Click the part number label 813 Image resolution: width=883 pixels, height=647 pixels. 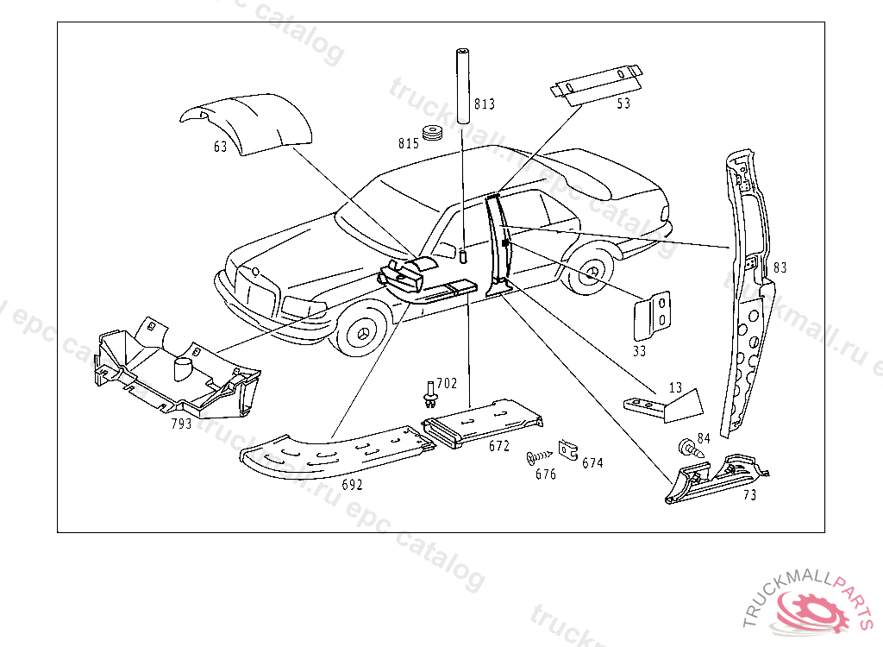(485, 105)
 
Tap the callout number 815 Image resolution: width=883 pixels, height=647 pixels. (409, 143)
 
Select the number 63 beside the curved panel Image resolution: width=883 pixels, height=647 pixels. (221, 148)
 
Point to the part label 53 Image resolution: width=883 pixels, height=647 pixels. (623, 104)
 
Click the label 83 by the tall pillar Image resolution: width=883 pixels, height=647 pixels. (780, 268)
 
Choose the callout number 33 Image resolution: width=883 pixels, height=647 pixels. (639, 351)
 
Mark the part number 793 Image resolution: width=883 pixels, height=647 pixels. (181, 424)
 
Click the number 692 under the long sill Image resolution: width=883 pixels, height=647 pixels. (352, 485)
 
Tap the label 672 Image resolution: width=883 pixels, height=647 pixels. (499, 447)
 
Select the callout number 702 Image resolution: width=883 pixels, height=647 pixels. (447, 383)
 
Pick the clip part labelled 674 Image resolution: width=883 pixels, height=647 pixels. (567, 449)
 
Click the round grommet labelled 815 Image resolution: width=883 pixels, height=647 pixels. (433, 135)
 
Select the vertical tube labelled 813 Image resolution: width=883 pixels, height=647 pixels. (461, 85)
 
